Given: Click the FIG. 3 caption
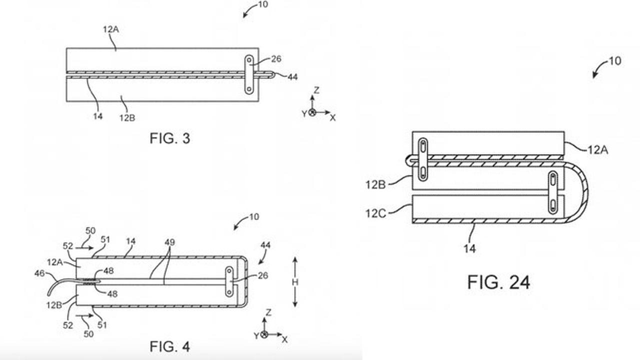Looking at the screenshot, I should (x=170, y=138).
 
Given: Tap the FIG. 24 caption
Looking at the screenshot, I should (x=498, y=282).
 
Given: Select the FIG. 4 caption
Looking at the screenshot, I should (x=170, y=346).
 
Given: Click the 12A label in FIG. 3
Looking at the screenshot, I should (x=110, y=29).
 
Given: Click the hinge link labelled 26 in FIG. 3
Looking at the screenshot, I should (x=248, y=75).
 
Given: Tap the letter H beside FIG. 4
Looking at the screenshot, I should (x=294, y=282).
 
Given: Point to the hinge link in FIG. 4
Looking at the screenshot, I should (x=229, y=282).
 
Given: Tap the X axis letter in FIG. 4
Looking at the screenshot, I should (x=284, y=339).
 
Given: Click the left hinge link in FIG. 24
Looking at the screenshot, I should (x=423, y=159).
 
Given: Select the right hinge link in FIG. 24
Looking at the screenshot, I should (x=553, y=192).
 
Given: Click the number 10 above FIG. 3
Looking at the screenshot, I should (x=263, y=4).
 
